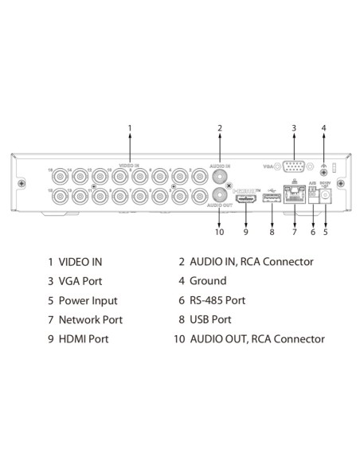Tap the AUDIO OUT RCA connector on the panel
(x=220, y=194)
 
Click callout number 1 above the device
(x=130, y=127)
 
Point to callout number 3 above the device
(x=293, y=127)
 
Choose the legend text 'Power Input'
(x=88, y=301)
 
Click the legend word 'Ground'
(x=207, y=281)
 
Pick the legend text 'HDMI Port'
(x=84, y=339)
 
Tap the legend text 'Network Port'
(x=91, y=320)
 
